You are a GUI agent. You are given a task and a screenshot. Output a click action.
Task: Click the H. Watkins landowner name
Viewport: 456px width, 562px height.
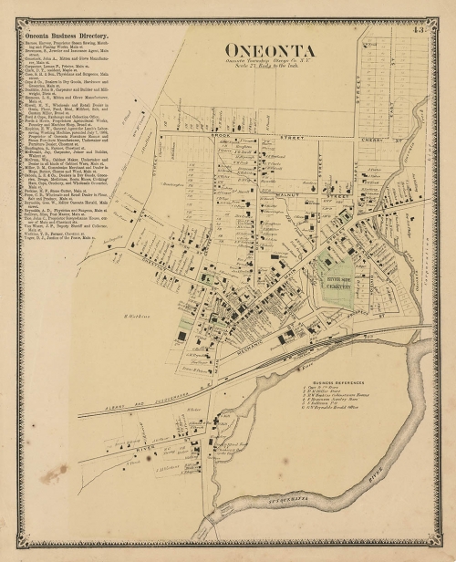pos(135,315)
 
